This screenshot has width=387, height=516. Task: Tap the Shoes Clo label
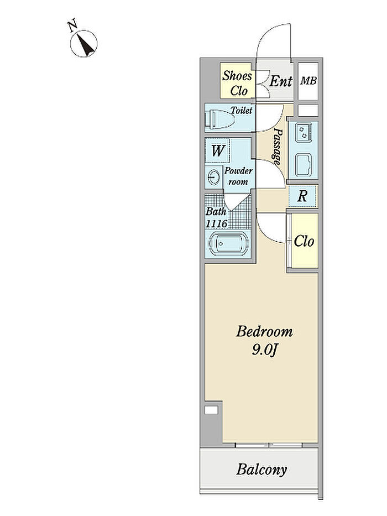(x=237, y=83)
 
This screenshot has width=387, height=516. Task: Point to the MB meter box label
(x=308, y=81)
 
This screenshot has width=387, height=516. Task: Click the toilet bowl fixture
(x=219, y=119)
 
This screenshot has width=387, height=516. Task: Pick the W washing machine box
(x=217, y=150)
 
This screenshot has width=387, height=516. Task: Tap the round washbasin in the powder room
(x=214, y=177)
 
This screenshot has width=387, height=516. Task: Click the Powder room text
(x=238, y=176)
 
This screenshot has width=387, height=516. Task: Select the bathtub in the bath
(x=227, y=243)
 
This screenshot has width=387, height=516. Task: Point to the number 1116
(x=217, y=224)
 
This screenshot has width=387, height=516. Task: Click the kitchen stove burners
(x=303, y=132)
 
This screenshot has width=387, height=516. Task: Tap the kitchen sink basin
(x=303, y=165)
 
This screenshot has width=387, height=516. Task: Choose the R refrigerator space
(x=302, y=196)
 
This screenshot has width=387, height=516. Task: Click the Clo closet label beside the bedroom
(x=304, y=241)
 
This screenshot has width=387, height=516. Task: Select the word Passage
(x=278, y=147)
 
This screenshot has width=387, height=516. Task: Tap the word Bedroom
(x=264, y=331)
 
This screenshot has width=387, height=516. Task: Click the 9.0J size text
(x=264, y=350)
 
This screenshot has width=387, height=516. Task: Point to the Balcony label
(x=262, y=470)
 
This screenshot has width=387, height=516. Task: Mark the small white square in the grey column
(x=211, y=410)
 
